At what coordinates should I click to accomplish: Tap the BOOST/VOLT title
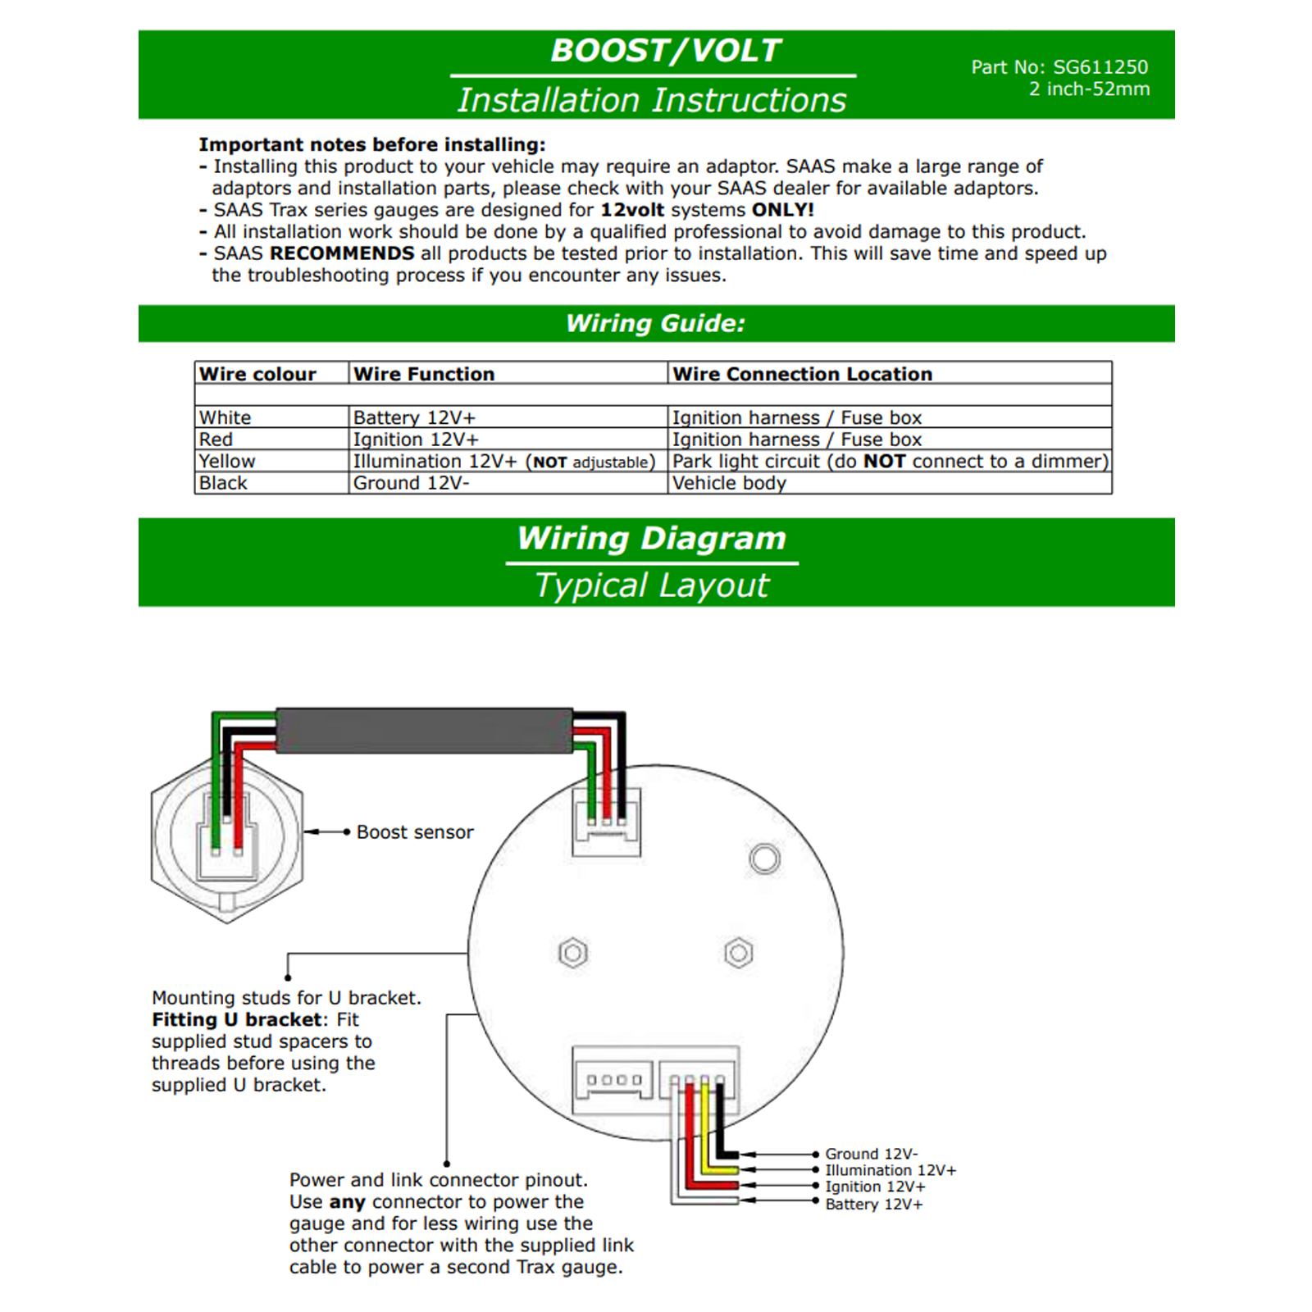coord(665,51)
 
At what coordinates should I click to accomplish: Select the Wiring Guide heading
coord(655,323)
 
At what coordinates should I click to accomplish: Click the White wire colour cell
coord(225,417)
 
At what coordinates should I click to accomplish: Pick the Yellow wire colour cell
coord(227,461)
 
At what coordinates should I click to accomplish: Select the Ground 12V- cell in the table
coord(411,483)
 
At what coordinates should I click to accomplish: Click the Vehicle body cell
coord(729,483)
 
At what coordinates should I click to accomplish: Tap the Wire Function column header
coord(424,374)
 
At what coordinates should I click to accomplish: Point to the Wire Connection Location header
coord(802,374)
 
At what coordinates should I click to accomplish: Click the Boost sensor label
coord(415,832)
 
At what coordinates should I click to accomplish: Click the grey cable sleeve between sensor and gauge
coord(424,731)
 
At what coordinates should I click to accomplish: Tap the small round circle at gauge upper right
coord(765,859)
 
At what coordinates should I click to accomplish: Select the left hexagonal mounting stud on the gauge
coord(573,953)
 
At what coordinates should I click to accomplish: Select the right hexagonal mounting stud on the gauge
coord(739,953)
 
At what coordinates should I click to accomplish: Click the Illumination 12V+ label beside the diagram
coord(891,1170)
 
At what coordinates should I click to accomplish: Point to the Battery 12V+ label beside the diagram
coord(873,1204)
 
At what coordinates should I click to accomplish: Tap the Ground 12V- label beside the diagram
coord(871,1154)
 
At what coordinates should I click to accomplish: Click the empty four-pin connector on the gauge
coord(613,1080)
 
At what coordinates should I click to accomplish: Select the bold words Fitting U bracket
coord(237,1019)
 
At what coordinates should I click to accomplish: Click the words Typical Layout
coord(652,585)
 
